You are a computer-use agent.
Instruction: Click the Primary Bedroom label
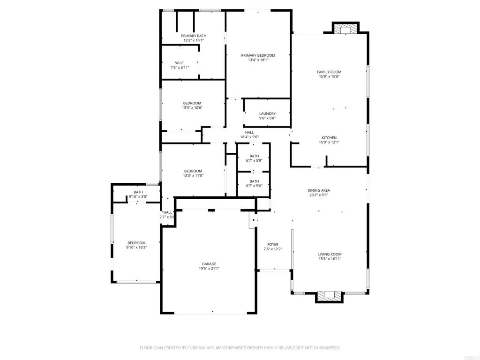pos(258,55)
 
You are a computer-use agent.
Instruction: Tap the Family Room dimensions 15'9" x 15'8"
pos(329,76)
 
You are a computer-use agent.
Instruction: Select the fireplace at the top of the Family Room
pos(345,29)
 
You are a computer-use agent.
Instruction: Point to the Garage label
pos(209,264)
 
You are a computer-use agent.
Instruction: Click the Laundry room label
pos(267,113)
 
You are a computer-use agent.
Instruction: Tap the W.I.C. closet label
pos(180,63)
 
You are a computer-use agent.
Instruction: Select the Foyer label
pos(273,244)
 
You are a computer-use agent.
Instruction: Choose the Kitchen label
pos(329,138)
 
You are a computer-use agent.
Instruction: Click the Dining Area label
pos(319,190)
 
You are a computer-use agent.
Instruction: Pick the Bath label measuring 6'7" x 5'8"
pos(254,156)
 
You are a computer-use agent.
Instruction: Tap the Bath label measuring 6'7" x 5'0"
pos(254,181)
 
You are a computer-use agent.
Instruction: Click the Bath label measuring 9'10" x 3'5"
pos(138,192)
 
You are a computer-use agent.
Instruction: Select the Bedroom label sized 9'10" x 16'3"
pos(136,243)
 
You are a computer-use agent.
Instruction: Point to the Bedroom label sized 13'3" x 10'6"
pos(192,103)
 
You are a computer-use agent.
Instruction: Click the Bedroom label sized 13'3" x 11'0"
pos(193,171)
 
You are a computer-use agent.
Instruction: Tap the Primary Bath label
pos(194,36)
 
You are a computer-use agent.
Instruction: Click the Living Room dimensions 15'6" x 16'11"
pos(330,258)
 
